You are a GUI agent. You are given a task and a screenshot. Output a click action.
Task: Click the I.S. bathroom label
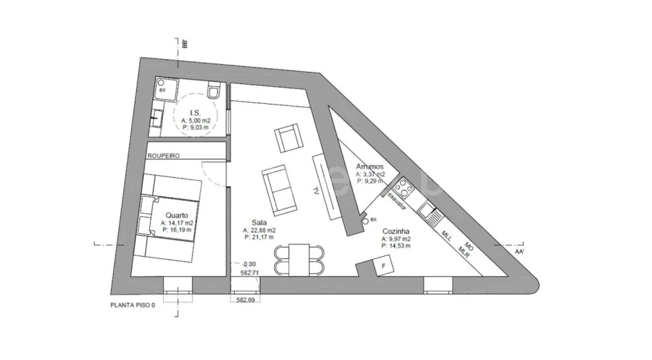(x=194, y=112)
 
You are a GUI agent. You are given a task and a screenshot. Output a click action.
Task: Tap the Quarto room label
(x=177, y=214)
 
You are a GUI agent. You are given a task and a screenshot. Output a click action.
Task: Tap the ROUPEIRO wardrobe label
(x=163, y=154)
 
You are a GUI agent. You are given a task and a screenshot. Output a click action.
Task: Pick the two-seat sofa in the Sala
(x=278, y=188)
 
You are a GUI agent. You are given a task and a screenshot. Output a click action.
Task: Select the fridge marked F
(x=384, y=267)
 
